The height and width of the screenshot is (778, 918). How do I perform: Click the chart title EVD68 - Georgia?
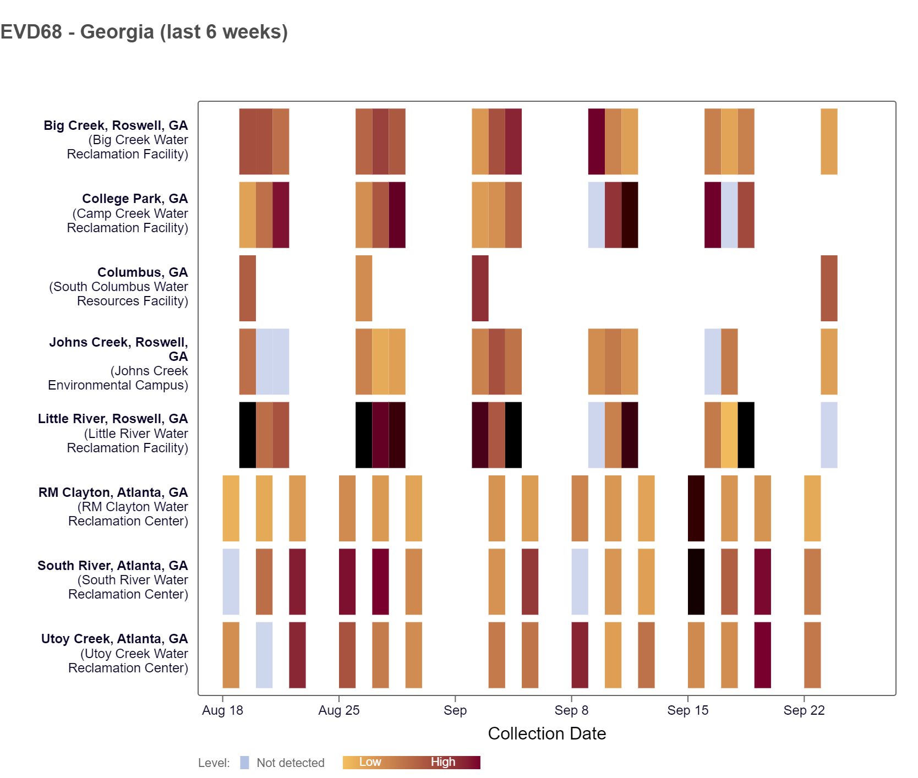(x=144, y=32)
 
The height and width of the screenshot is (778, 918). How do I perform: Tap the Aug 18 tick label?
(x=222, y=710)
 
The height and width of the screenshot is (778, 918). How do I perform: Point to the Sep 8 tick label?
(x=571, y=710)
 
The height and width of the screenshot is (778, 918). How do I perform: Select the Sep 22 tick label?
(x=804, y=710)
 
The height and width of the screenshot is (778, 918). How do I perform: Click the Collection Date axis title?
(x=547, y=733)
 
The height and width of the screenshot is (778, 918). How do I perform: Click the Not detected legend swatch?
(x=244, y=763)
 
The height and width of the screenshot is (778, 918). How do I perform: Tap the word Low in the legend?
(x=370, y=762)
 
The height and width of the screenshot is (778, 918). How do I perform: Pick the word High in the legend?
(x=442, y=762)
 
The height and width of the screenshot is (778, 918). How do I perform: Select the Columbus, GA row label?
(x=143, y=272)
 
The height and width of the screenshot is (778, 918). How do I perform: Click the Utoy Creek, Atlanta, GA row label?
(x=114, y=639)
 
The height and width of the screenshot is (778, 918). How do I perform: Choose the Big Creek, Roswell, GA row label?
(x=116, y=125)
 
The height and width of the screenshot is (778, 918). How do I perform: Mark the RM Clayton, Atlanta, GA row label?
(x=113, y=492)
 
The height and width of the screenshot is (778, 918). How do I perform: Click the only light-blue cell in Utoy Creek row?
(x=264, y=655)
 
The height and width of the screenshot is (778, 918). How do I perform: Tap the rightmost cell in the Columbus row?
(x=829, y=288)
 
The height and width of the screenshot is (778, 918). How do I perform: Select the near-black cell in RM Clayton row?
(x=696, y=508)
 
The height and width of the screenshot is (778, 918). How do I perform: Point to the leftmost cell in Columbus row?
(x=248, y=288)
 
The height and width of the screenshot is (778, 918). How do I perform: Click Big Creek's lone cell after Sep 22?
(x=829, y=141)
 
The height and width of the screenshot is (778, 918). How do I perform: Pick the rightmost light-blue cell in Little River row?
(x=829, y=435)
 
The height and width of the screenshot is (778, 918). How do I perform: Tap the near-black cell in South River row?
(x=696, y=582)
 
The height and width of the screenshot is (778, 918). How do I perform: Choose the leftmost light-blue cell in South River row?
(x=231, y=582)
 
